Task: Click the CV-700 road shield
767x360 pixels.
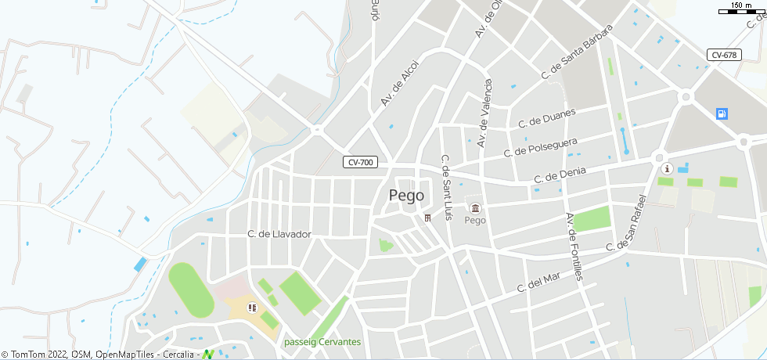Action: click(x=361, y=163)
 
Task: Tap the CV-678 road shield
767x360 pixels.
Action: click(x=724, y=55)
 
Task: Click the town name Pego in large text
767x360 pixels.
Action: click(x=406, y=196)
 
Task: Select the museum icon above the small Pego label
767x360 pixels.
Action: click(x=475, y=207)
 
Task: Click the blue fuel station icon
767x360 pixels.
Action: click(x=721, y=114)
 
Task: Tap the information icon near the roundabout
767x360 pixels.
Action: click(x=667, y=168)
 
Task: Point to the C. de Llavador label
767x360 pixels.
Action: click(x=279, y=234)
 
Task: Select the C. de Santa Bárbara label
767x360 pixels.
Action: click(x=577, y=51)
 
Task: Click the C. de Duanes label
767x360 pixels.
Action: click(x=547, y=118)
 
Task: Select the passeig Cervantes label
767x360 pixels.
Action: click(x=322, y=342)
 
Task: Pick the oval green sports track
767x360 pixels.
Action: click(x=191, y=290)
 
